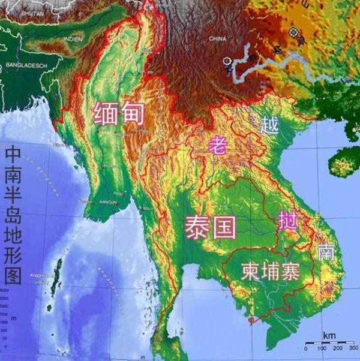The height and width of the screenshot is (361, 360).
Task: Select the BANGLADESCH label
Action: pyautogui.click(x=25, y=64)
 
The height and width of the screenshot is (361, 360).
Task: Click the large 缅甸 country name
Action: pyautogui.click(x=119, y=112)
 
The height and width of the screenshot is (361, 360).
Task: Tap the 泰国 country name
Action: pyautogui.click(x=211, y=227)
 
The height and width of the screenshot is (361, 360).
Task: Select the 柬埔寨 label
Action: pyautogui.click(x=270, y=270)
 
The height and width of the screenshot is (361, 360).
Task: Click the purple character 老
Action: pyautogui.click(x=218, y=144)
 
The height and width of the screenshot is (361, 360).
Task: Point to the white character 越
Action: pyautogui.click(x=271, y=125)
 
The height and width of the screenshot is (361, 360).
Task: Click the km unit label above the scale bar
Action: pyautogui.click(x=329, y=334)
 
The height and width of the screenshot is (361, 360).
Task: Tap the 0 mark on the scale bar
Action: pyautogui.click(x=306, y=348)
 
